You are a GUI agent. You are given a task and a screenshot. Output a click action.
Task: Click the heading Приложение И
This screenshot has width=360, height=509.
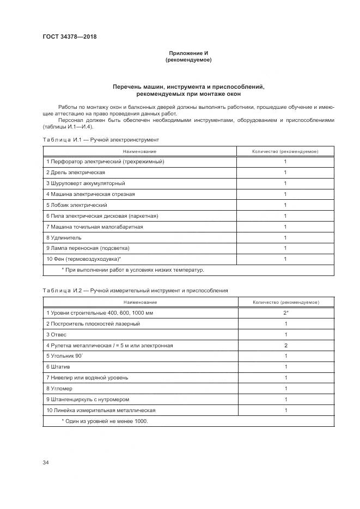(188, 53)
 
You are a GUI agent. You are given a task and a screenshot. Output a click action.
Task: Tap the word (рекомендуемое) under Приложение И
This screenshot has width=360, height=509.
(188, 60)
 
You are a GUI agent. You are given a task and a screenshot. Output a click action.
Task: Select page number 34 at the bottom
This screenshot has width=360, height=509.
(46, 463)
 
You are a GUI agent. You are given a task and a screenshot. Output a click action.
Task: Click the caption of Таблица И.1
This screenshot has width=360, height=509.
(101, 139)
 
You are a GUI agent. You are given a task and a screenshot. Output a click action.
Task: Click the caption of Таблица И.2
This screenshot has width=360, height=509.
(135, 290)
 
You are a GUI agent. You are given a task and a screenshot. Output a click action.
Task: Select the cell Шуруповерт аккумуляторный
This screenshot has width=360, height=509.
(86, 183)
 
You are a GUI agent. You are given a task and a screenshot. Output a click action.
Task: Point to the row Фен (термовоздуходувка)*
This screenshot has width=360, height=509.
(83, 259)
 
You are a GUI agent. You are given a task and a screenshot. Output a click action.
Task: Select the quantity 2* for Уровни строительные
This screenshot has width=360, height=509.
(285, 312)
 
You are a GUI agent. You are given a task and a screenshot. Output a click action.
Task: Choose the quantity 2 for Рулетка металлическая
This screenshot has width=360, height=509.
(285, 345)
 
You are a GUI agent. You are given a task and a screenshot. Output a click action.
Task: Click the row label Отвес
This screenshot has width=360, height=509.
(57, 334)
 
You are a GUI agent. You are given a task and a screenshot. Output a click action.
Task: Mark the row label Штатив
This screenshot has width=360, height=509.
(59, 366)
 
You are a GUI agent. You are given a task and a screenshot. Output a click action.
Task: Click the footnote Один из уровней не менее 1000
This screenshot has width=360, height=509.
(105, 421)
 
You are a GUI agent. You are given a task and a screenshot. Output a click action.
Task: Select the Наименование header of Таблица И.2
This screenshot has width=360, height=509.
(139, 302)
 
